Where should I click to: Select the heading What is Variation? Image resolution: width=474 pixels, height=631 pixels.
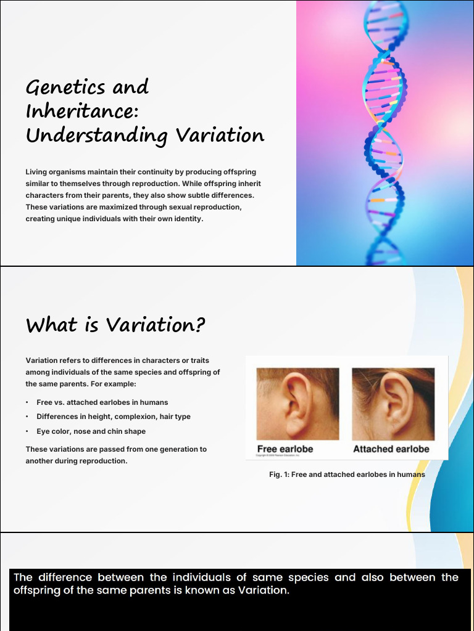click(115, 325)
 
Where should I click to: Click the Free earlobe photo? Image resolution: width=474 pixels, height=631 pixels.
click(297, 404)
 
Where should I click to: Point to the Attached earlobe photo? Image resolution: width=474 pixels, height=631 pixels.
click(393, 404)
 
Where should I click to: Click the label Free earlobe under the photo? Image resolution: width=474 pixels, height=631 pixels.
click(285, 449)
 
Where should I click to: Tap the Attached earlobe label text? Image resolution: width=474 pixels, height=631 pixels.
click(391, 449)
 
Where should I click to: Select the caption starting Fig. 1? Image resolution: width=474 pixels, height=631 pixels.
click(347, 474)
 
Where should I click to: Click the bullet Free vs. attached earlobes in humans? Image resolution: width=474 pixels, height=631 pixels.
click(102, 402)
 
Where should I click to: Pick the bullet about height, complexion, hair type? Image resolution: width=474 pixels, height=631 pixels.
click(113, 417)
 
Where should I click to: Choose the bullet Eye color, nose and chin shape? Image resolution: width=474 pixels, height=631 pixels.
click(91, 431)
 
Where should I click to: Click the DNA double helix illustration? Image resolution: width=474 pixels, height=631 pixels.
click(385, 132)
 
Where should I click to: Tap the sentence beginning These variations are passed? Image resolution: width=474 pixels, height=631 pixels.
click(116, 455)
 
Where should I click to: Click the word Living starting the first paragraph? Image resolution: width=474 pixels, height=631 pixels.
click(36, 172)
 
